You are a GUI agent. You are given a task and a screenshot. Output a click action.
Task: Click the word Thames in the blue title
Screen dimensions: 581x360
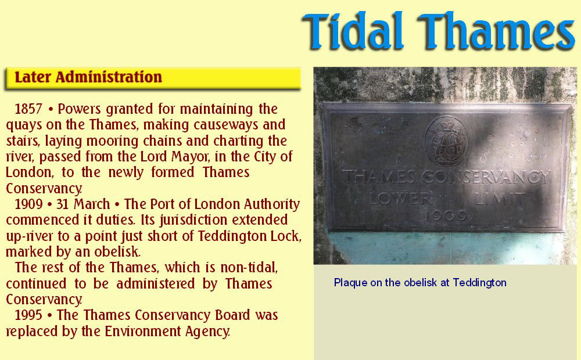point(497,31)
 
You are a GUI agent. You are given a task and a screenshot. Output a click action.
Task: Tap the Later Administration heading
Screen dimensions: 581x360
point(88,77)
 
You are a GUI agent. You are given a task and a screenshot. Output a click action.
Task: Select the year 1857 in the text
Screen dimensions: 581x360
point(28,109)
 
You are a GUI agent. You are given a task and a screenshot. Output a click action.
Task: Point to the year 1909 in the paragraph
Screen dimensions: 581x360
point(28,204)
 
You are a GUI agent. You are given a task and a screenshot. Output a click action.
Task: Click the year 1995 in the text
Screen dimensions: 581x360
point(28,315)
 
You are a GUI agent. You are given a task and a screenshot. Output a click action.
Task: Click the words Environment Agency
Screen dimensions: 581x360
point(167,331)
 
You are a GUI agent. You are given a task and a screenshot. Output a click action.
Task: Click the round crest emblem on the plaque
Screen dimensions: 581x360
point(446,141)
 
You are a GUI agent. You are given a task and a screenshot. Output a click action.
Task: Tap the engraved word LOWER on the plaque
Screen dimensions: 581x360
point(400,199)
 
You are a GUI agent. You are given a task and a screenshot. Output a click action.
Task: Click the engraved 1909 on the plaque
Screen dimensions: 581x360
point(446,215)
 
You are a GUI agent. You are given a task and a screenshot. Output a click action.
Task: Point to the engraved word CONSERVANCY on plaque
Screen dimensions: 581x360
point(486,177)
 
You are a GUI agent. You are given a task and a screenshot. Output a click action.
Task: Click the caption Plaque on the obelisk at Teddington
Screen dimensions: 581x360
point(420,283)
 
